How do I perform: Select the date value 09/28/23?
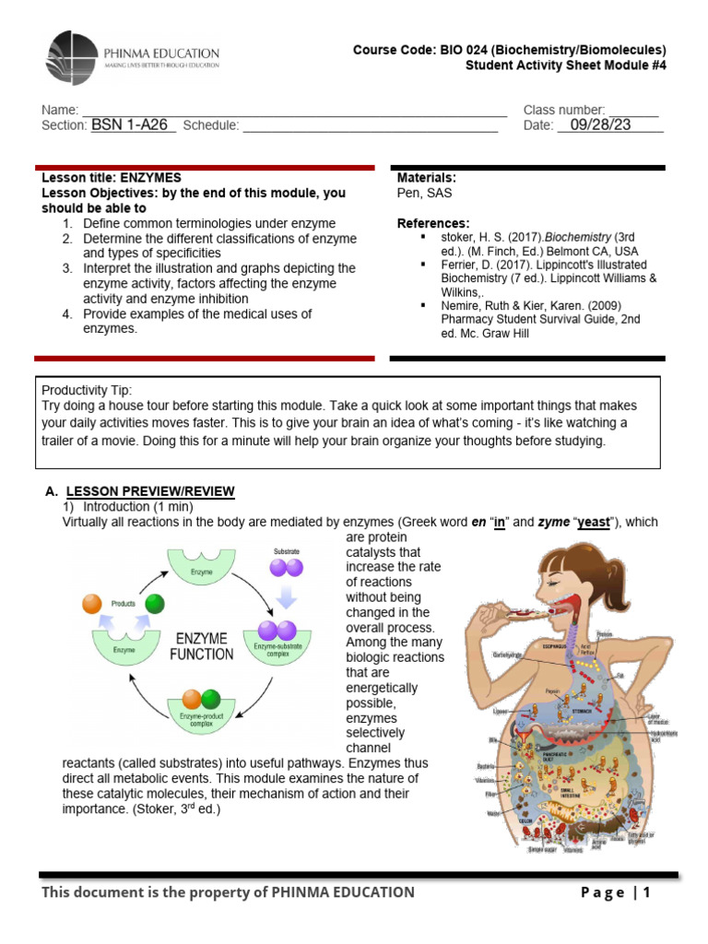(600, 125)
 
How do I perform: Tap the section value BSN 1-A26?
(133, 125)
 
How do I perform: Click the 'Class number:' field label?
(564, 110)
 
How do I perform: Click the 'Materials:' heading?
(427, 178)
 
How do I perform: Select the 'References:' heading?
(432, 223)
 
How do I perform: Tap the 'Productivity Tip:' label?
(86, 389)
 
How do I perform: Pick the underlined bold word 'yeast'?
(594, 522)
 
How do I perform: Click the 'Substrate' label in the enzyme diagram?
(287, 551)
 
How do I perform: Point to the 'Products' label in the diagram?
(123, 603)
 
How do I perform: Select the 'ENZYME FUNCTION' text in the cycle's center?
(200, 645)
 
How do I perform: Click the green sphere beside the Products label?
(154, 605)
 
